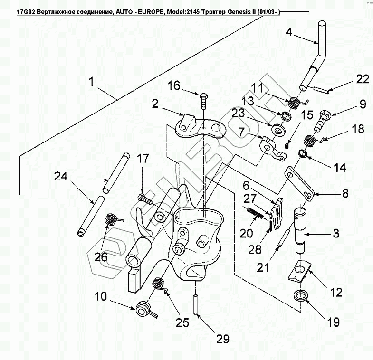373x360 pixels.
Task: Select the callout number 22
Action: [x=362, y=79]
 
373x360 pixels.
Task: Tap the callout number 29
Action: [x=222, y=339]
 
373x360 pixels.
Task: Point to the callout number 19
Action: [x=333, y=322]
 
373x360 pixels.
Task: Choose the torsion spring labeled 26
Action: [x=111, y=219]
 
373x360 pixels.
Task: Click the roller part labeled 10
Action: [x=143, y=310]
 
